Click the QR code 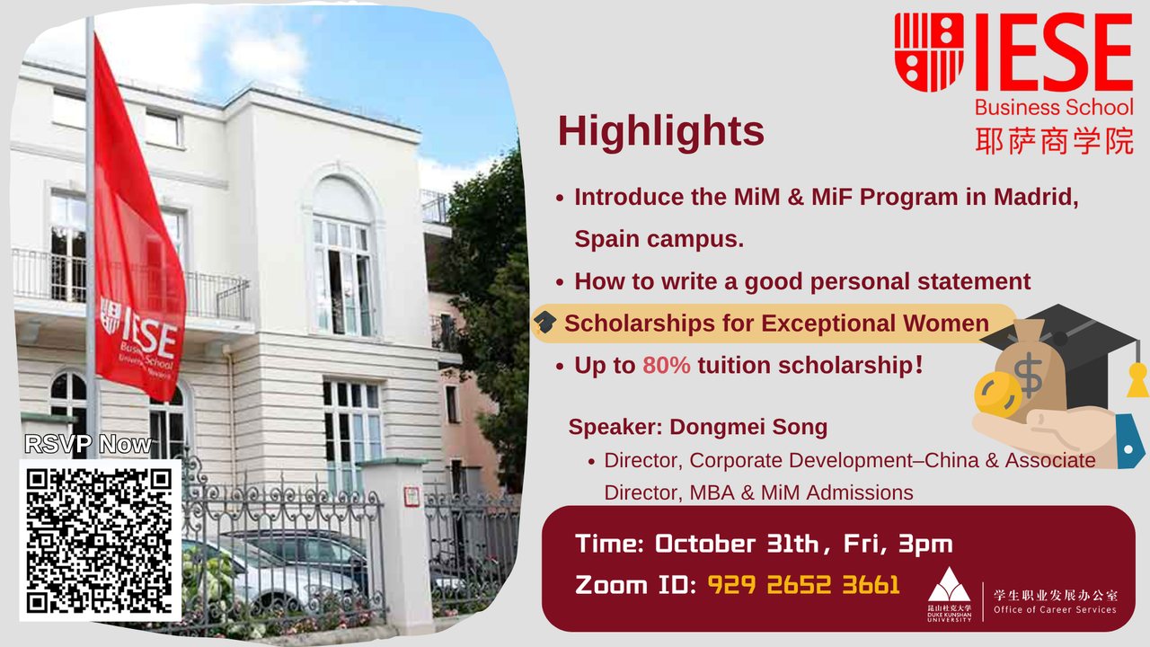point(100,539)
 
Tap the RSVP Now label point(88,444)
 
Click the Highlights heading point(660,131)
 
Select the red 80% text point(666,366)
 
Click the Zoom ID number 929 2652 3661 point(803,585)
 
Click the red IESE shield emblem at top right point(928,52)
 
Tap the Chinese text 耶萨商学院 point(1054,140)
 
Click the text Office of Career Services point(1055,610)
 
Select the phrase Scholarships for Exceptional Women point(776,323)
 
